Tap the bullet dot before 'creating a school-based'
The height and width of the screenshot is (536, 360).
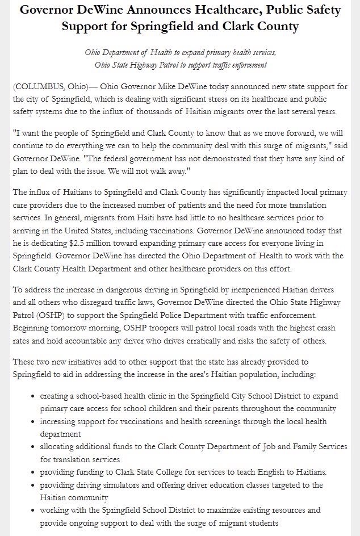(x=34, y=396)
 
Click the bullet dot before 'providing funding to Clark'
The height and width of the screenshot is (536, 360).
(x=34, y=472)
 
